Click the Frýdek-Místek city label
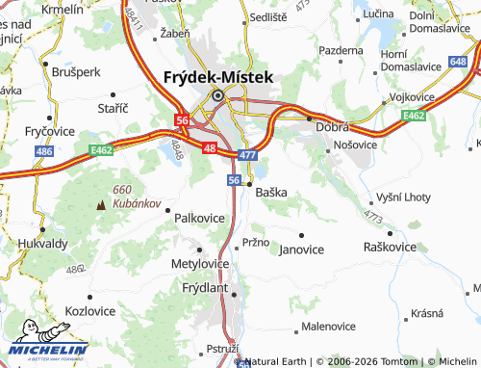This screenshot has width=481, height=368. point(218,77)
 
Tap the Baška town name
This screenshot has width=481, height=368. point(271,192)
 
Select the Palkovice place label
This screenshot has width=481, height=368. point(199,219)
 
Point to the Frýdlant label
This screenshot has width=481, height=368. point(203,287)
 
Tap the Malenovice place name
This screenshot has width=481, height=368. point(329,327)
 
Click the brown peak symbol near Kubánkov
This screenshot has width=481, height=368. point(102,204)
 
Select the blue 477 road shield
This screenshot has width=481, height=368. point(248,154)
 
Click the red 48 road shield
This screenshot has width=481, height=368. point(210,147)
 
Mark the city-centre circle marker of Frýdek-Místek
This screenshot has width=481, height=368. point(218,95)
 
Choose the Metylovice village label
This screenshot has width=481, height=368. point(199,262)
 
